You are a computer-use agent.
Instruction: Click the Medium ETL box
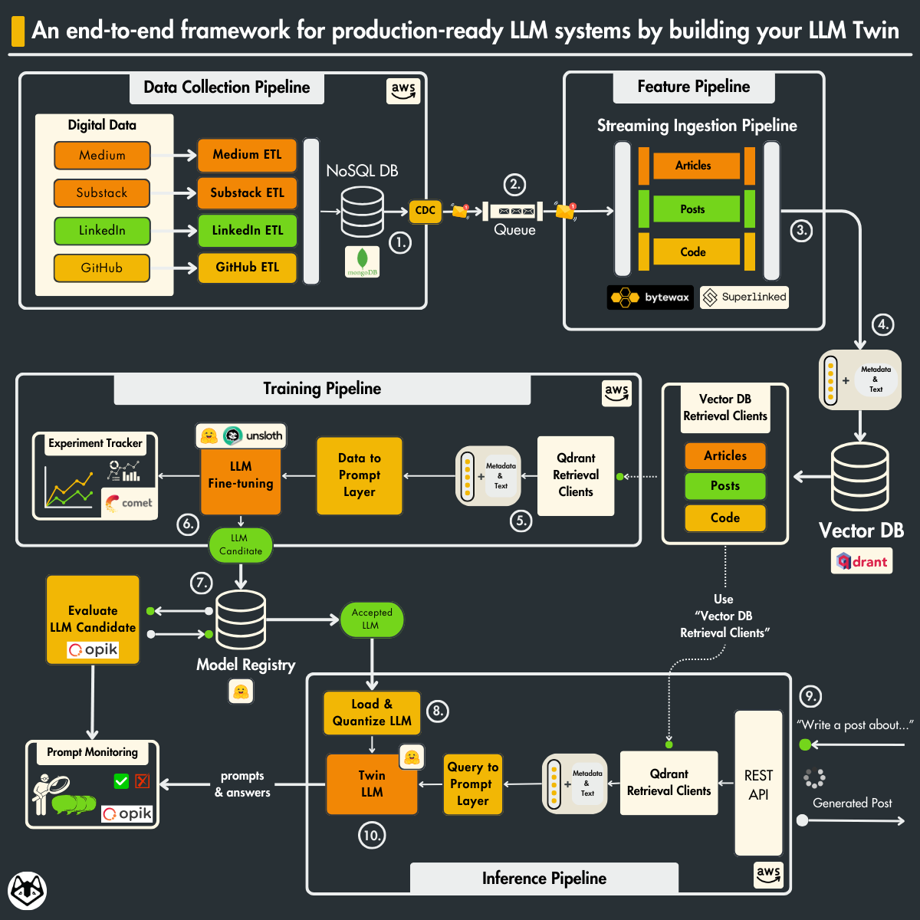(x=247, y=155)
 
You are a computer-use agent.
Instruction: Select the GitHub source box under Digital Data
(x=102, y=268)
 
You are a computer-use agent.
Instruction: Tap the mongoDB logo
(x=362, y=262)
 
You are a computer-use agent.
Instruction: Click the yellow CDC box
(x=425, y=211)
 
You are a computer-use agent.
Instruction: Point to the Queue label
(x=514, y=230)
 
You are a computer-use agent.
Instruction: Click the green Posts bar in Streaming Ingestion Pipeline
(x=696, y=209)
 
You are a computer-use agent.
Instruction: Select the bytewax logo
(x=650, y=297)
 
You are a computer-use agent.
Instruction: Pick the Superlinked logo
(x=744, y=297)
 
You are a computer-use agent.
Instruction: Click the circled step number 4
(x=883, y=324)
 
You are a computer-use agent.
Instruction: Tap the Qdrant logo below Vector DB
(x=863, y=562)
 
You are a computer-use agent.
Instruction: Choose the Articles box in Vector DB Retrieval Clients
(x=725, y=456)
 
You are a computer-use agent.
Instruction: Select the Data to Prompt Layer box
(x=360, y=475)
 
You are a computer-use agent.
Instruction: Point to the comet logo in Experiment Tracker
(x=130, y=503)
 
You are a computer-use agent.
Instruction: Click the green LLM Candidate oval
(x=241, y=545)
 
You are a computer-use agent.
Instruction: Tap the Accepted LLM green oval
(x=372, y=619)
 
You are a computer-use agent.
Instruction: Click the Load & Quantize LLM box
(x=372, y=713)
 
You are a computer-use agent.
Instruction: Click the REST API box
(x=758, y=784)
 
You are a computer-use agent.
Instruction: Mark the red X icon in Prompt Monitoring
(x=143, y=781)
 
